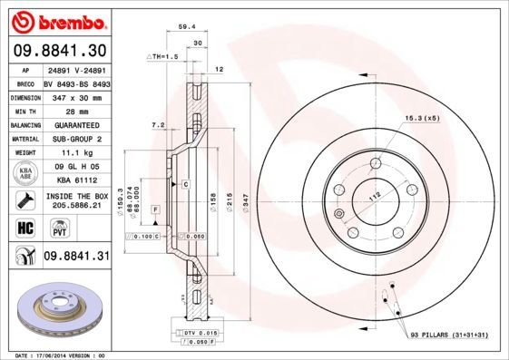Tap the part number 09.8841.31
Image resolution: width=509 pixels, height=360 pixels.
(x=76, y=258)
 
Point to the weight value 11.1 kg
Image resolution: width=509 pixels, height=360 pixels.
(x=75, y=153)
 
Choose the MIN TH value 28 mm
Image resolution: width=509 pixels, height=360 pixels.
(x=75, y=110)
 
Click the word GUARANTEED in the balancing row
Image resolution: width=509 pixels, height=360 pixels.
(x=75, y=124)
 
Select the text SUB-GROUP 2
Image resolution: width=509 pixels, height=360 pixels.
(x=75, y=139)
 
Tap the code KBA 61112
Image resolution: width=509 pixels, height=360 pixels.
(x=75, y=180)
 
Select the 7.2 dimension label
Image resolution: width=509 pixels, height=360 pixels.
(x=157, y=124)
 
